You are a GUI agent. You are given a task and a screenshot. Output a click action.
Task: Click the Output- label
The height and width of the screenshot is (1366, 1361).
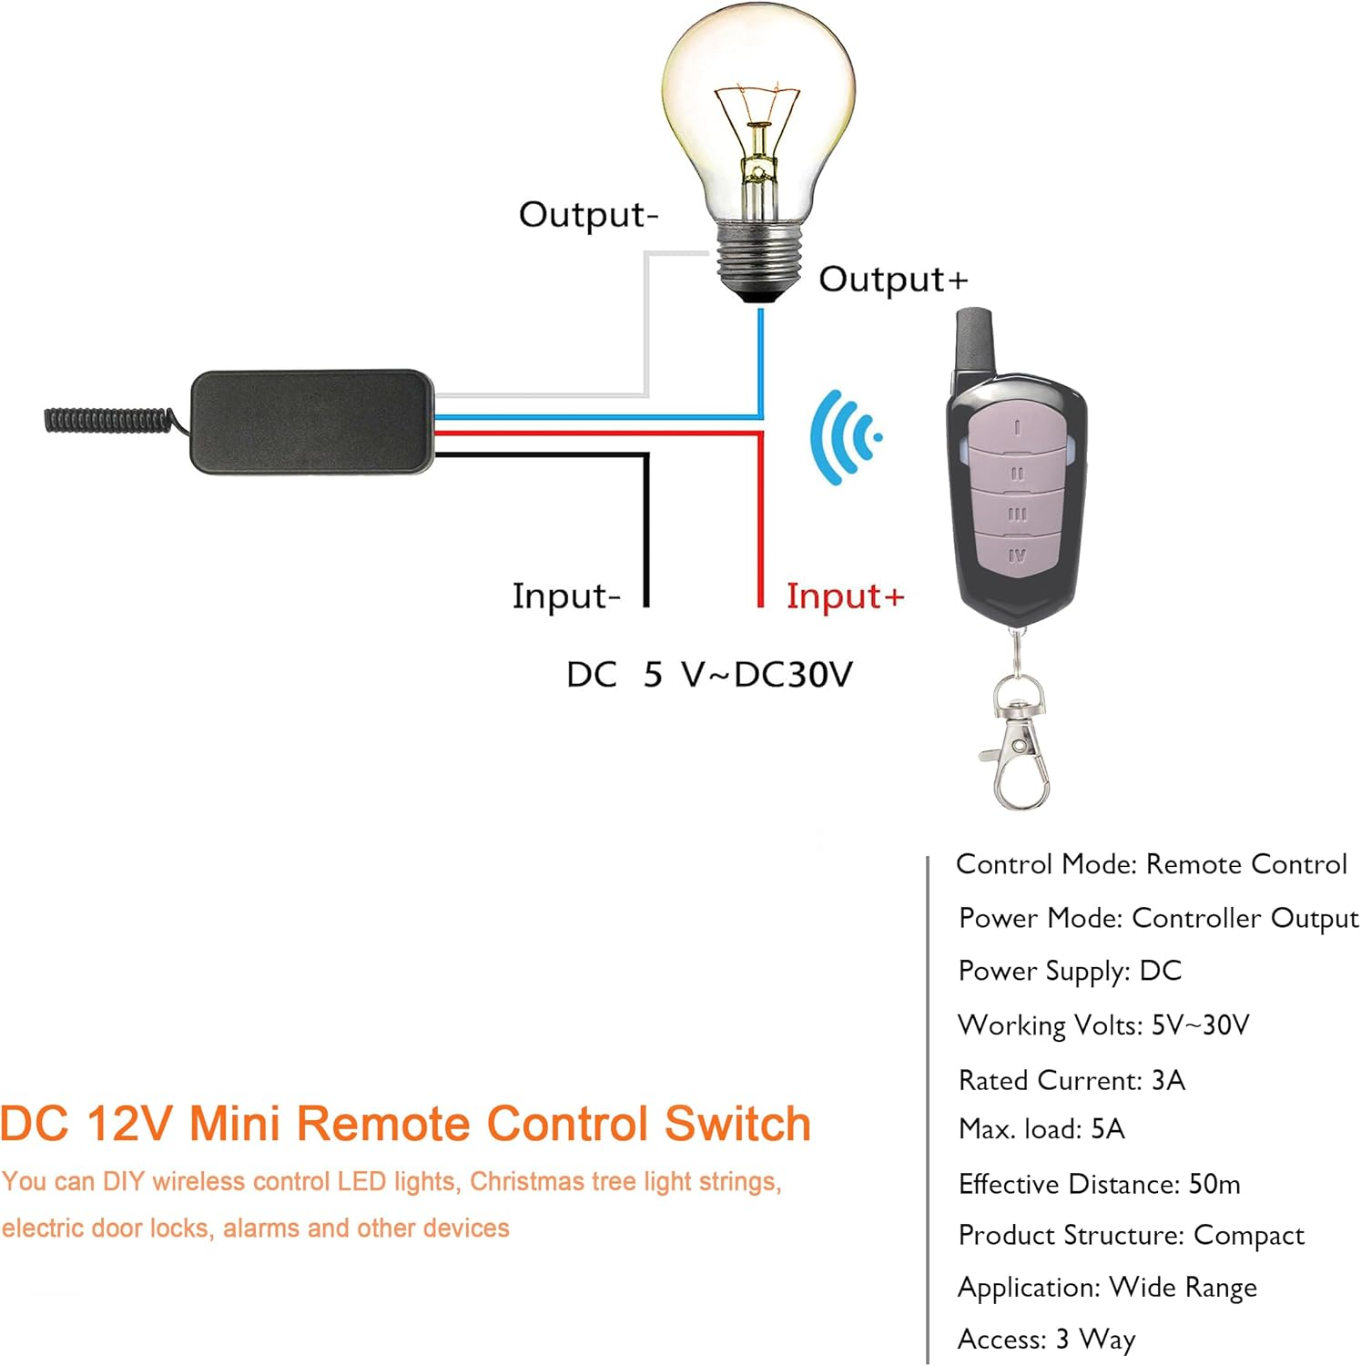[588, 215]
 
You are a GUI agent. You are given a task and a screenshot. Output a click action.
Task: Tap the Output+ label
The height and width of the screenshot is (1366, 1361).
[892, 280]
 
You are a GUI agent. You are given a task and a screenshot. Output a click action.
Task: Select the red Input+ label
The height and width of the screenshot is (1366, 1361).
[845, 596]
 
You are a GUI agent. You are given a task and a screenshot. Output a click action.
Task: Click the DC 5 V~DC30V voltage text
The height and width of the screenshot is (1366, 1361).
[709, 675]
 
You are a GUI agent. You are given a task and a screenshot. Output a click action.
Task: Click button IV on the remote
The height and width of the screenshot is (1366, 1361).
[1017, 555]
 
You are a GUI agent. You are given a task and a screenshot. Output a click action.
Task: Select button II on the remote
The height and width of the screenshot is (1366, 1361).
[1017, 474]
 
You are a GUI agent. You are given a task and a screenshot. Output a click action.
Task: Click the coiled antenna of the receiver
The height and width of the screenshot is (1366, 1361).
[109, 420]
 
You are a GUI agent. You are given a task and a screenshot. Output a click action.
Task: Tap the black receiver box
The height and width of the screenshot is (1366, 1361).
[311, 422]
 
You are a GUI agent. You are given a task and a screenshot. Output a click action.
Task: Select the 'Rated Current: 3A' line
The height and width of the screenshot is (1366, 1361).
[1072, 1080]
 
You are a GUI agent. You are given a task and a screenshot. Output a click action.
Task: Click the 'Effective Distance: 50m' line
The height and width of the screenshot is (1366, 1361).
[1099, 1184]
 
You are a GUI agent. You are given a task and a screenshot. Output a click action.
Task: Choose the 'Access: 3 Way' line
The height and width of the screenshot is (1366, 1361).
[1046, 1339]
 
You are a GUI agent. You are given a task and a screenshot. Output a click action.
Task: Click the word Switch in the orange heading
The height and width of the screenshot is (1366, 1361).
[737, 1124]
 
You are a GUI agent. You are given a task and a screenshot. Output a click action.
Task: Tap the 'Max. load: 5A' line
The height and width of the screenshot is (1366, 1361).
[1041, 1129]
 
